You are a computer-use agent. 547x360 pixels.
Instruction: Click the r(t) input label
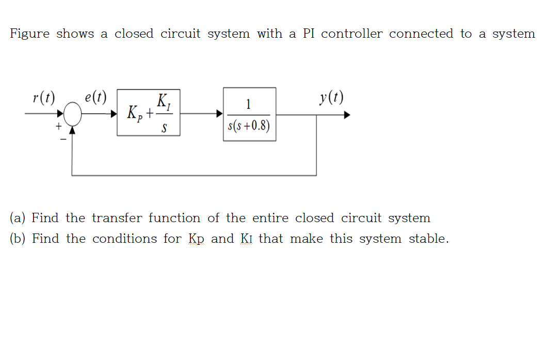coord(43,98)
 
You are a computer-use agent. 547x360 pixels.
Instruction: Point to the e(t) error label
coord(95,98)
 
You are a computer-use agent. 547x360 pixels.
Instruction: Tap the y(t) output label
coord(331,97)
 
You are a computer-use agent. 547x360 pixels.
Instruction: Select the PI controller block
coord(148,112)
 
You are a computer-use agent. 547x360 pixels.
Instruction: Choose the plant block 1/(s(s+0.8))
coord(249,114)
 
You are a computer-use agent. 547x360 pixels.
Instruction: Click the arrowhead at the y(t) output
coord(347,115)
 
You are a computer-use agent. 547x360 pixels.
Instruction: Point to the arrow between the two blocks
coord(201,113)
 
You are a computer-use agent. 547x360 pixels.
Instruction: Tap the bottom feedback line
coord(194,176)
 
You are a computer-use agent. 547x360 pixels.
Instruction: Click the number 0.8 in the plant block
coord(260,127)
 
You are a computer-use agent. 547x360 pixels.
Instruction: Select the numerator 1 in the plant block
coord(249,104)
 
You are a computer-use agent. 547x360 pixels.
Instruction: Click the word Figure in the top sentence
coord(29,34)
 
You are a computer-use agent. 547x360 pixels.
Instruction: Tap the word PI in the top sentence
coord(309,34)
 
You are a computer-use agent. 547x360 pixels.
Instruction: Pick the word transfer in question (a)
coord(118,218)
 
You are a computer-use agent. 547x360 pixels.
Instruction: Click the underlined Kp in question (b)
coord(196,239)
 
